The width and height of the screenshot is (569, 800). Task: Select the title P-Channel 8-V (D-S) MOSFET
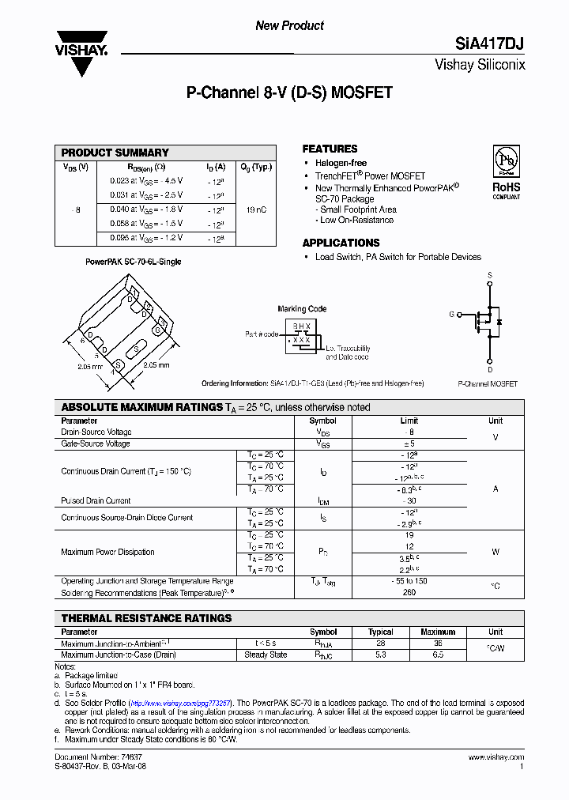(289, 92)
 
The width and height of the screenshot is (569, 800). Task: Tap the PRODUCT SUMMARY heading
(115, 153)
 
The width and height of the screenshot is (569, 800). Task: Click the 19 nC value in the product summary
(256, 209)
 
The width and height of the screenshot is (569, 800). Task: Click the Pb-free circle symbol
(507, 161)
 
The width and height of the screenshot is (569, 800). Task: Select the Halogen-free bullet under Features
(341, 163)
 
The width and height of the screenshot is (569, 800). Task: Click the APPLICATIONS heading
(341, 243)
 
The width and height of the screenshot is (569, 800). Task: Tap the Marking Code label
(302, 309)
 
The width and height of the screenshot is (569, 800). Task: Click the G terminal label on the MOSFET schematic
(451, 314)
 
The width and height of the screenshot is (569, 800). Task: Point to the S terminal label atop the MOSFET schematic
(490, 275)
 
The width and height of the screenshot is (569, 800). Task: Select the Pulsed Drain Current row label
(96, 500)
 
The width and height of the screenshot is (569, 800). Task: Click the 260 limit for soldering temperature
(409, 592)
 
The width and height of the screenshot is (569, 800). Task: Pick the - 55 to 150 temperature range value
(409, 581)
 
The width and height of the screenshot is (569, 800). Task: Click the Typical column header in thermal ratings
(380, 632)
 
